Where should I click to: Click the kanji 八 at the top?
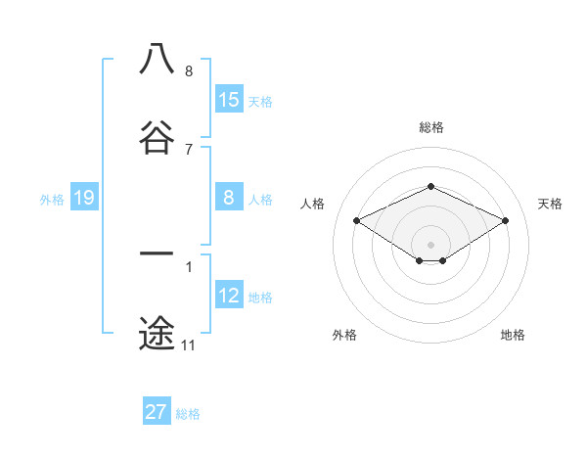coord(157,59)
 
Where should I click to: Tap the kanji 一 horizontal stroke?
coord(157,254)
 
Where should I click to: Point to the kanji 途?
coord(157,333)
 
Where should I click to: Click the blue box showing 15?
coord(229,100)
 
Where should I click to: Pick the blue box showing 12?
coord(229,297)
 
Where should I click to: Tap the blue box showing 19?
coord(83,199)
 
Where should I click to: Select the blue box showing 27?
coord(157,412)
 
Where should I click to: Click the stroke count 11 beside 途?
coord(188,345)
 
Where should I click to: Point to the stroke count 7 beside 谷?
coord(188,149)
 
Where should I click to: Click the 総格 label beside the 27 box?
coord(188,414)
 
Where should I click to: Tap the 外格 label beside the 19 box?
coord(52,200)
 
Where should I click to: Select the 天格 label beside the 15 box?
coord(260,102)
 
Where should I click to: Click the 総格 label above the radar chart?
coord(430,127)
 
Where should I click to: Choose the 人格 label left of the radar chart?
coord(313,204)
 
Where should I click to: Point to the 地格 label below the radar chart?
coord(513,335)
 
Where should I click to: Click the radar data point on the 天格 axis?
coord(505,220)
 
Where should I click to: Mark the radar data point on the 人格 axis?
coord(356,220)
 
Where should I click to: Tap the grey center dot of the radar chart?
coord(430,244)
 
